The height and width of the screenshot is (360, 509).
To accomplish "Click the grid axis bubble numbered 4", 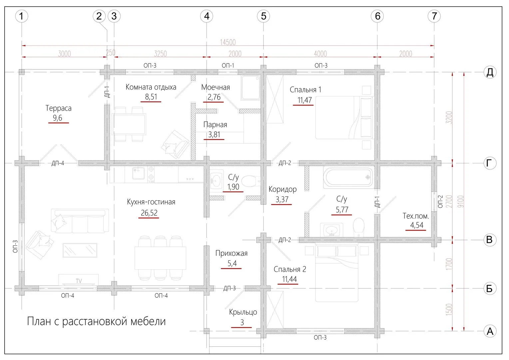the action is click(207, 16).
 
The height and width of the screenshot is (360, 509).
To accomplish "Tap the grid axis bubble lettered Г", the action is click(490, 163).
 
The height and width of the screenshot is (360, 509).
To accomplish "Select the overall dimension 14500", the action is click(228, 42).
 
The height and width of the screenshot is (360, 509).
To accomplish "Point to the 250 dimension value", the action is click(111, 53).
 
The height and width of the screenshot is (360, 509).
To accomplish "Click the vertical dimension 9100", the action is click(461, 201).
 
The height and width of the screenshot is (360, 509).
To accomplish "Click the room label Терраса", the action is click(58, 108).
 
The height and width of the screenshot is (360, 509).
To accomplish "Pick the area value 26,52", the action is click(149, 213).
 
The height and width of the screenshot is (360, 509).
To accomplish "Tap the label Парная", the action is click(215, 125).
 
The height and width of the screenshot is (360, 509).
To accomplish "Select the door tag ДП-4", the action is click(58, 163).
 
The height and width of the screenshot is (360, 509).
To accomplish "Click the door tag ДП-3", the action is click(230, 288).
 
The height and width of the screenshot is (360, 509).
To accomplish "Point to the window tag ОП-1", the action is click(228, 65).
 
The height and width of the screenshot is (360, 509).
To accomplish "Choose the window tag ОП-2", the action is click(440, 201).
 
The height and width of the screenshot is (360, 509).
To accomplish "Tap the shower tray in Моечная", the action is click(251, 88).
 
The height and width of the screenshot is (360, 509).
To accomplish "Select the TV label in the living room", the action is click(79, 281).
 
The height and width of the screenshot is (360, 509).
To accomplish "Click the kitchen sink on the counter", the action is click(138, 173).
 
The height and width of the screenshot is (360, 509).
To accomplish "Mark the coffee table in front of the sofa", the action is click(80, 250).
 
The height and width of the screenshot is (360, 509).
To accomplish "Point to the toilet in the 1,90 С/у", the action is click(251, 181).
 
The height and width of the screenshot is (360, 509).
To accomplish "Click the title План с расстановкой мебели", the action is click(96, 321).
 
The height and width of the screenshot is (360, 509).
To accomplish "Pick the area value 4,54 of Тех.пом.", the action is click(416, 225).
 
